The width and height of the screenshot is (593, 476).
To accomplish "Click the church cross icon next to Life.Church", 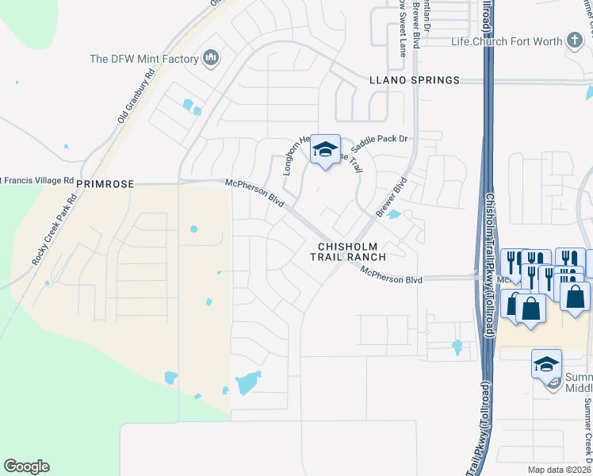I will pos(575,40).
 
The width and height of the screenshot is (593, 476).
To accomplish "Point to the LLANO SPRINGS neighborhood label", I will pos(414,80).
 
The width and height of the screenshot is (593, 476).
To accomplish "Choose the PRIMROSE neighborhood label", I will pos(105,183).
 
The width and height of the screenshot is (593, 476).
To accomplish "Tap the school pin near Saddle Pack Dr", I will pos(324,150).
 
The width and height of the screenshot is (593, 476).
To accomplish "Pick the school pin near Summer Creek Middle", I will pos(546,363).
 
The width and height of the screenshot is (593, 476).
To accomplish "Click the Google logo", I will pos(26,466).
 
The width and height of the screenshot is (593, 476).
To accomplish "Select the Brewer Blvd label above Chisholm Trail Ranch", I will pos(391,198).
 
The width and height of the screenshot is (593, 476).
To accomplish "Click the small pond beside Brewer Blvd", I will pos(394,214).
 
